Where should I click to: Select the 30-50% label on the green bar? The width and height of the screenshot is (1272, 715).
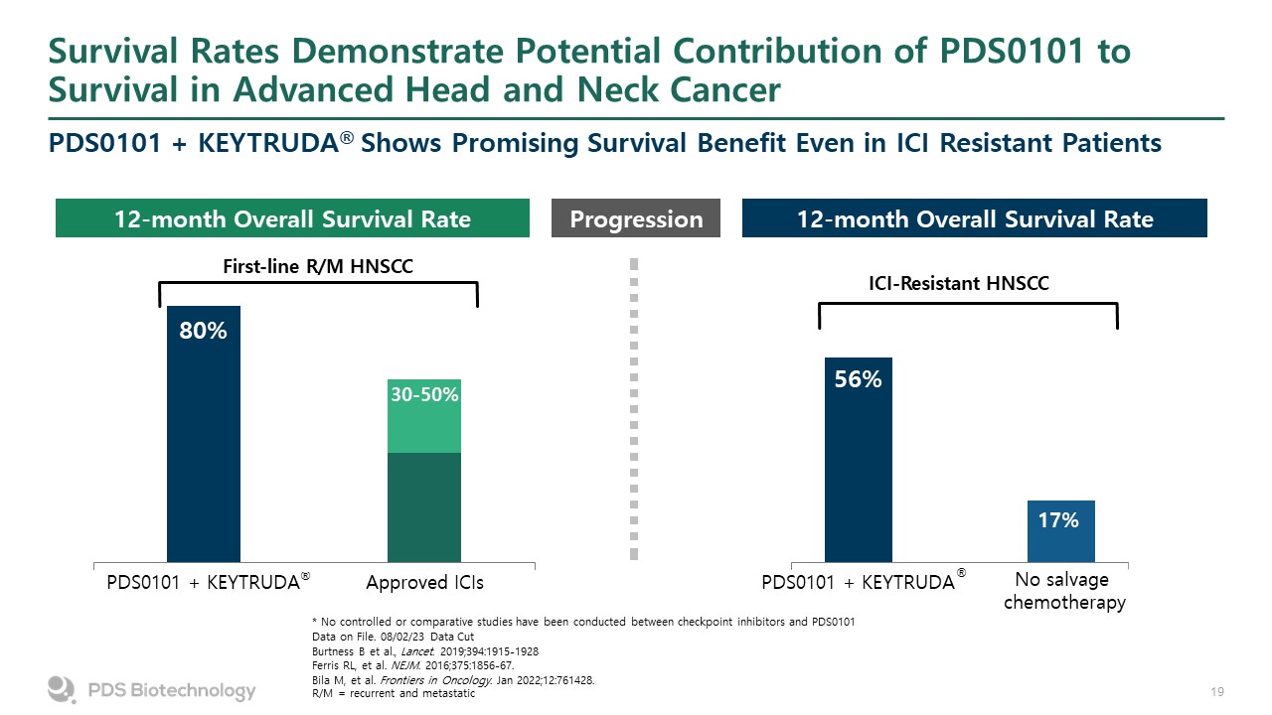click(x=424, y=395)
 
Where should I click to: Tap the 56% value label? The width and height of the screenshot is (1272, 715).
click(x=858, y=379)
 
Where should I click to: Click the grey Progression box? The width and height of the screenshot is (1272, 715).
click(x=636, y=218)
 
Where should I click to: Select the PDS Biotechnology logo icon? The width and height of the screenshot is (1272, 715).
click(x=63, y=689)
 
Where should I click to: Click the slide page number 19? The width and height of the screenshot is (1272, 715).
click(x=1215, y=691)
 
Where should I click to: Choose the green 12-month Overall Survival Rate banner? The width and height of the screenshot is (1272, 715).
click(x=291, y=218)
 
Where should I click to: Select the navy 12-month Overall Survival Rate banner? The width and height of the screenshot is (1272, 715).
click(x=974, y=218)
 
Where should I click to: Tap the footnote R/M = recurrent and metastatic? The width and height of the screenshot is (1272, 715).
click(x=394, y=693)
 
